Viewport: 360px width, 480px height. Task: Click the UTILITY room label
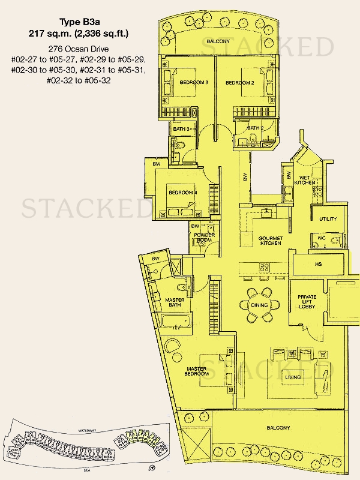pos(328,219)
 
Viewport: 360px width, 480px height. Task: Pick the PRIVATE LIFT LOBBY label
pos(311,301)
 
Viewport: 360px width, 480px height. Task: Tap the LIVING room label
pos(293,376)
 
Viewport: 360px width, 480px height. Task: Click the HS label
pos(319,263)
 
